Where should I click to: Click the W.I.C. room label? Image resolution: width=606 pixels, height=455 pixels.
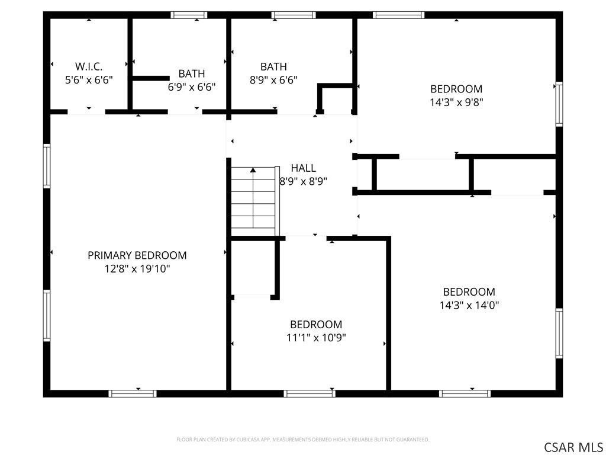(x=89, y=66)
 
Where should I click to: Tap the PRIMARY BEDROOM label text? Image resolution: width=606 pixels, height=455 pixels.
(x=137, y=255)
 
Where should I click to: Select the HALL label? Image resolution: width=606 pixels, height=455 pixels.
(x=303, y=168)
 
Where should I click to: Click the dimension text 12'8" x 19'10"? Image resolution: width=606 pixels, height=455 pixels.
(x=137, y=269)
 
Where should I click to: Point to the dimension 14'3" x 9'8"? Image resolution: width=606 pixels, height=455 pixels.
(x=456, y=102)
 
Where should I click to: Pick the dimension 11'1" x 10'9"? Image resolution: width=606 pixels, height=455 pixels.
(x=316, y=338)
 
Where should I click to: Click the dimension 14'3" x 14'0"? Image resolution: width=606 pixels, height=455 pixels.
(x=469, y=305)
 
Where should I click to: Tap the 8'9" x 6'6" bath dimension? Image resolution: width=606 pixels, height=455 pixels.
(x=273, y=80)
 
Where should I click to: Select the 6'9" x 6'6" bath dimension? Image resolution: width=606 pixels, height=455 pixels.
(x=192, y=86)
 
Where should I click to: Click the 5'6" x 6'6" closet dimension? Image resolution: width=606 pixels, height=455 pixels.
(x=89, y=79)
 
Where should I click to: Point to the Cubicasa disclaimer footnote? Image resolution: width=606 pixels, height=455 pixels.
(x=302, y=440)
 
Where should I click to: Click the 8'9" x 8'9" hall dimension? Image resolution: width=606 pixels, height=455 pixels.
(x=303, y=181)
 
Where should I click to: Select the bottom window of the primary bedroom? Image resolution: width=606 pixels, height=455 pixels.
(x=133, y=393)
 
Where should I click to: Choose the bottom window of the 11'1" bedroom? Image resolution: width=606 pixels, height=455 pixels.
(x=309, y=393)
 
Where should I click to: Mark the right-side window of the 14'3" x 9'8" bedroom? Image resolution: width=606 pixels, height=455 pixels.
(x=559, y=104)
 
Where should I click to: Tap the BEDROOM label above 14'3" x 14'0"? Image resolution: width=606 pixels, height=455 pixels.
(x=469, y=292)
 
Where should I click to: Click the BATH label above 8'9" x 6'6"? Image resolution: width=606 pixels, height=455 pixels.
(x=273, y=67)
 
